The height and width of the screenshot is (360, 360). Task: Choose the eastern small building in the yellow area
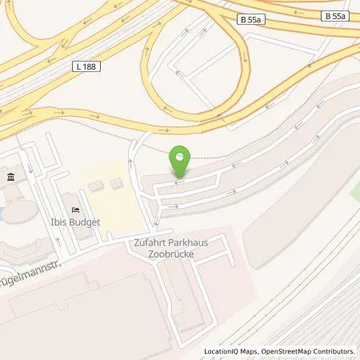117,183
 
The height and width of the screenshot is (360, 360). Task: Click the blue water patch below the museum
2,212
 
